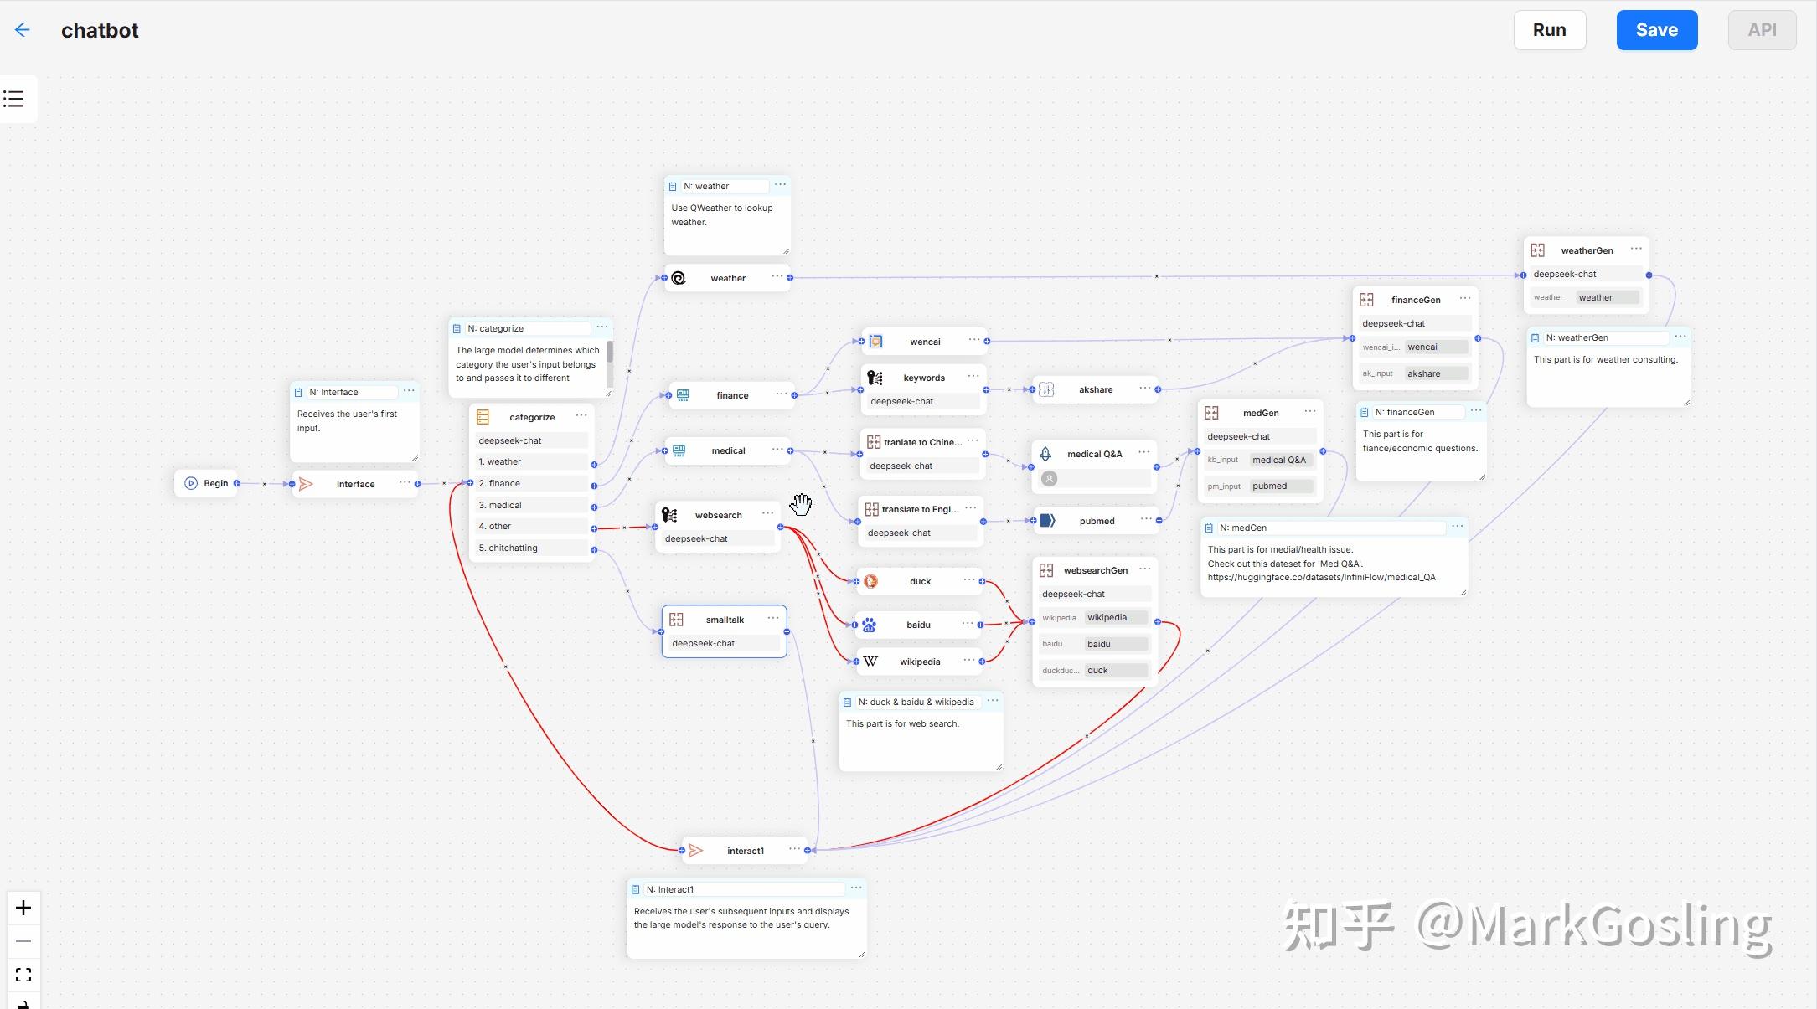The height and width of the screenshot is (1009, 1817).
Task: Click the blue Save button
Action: [x=1656, y=30]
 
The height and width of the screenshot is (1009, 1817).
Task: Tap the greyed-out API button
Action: [x=1762, y=30]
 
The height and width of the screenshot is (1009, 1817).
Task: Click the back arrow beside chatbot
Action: [x=22, y=30]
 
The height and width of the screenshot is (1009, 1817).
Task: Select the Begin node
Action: [x=206, y=483]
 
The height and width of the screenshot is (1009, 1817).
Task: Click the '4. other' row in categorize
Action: [x=533, y=526]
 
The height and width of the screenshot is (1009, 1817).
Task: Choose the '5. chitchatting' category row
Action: [x=533, y=548]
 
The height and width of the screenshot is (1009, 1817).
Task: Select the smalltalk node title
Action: [x=725, y=620]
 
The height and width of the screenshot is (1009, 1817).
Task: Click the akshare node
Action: [x=1095, y=389]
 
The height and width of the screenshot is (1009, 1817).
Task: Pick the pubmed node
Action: [x=1097, y=521]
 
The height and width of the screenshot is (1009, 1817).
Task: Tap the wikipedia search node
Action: [x=919, y=662]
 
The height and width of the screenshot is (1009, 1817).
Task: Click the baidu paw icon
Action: [x=870, y=625]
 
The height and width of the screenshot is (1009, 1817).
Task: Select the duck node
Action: [x=919, y=581]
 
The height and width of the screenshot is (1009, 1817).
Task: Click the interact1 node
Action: [x=745, y=851]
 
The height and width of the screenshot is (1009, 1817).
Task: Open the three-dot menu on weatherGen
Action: [x=1636, y=249]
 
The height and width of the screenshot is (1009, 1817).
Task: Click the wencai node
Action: [x=924, y=342]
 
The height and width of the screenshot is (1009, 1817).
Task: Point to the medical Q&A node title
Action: [x=1094, y=454]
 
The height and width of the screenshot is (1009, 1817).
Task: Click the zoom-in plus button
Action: [x=23, y=909]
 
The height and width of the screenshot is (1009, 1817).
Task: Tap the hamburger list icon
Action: [x=14, y=99]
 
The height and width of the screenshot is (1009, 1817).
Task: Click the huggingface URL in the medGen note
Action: [x=1321, y=577]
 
